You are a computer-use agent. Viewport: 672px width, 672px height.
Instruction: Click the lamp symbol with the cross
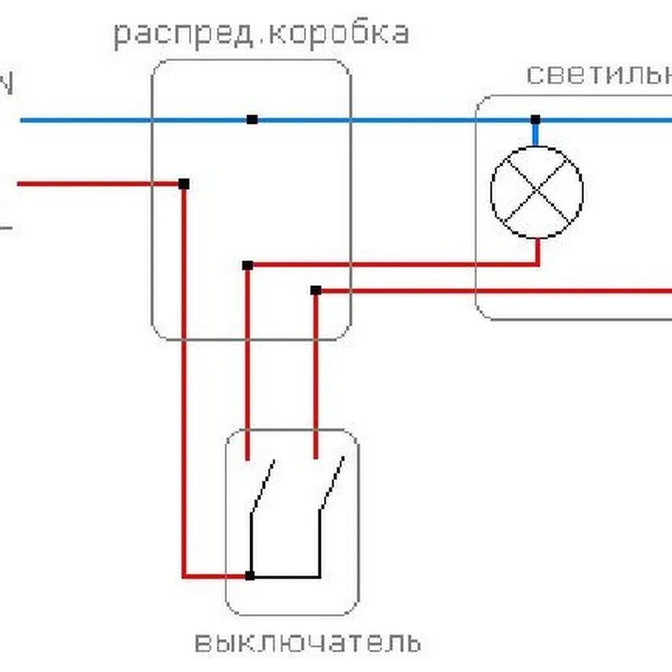click(536, 192)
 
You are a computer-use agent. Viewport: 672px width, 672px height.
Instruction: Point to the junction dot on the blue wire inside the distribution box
click(252, 119)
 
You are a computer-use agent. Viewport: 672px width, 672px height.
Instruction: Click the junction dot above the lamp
click(535, 119)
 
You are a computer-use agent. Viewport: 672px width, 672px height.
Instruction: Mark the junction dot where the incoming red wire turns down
click(184, 184)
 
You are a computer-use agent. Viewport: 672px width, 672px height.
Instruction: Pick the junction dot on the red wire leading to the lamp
click(248, 265)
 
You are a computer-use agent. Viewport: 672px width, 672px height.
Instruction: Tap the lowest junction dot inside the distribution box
click(316, 290)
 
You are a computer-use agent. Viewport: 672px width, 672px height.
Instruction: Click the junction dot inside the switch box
click(250, 576)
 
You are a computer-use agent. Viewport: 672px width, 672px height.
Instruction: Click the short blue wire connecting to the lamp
click(535, 134)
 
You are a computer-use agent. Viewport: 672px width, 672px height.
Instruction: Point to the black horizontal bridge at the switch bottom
click(285, 576)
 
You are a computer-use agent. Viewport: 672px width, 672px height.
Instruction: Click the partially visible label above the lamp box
click(597, 75)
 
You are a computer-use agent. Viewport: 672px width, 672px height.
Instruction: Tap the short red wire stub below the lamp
click(537, 251)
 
